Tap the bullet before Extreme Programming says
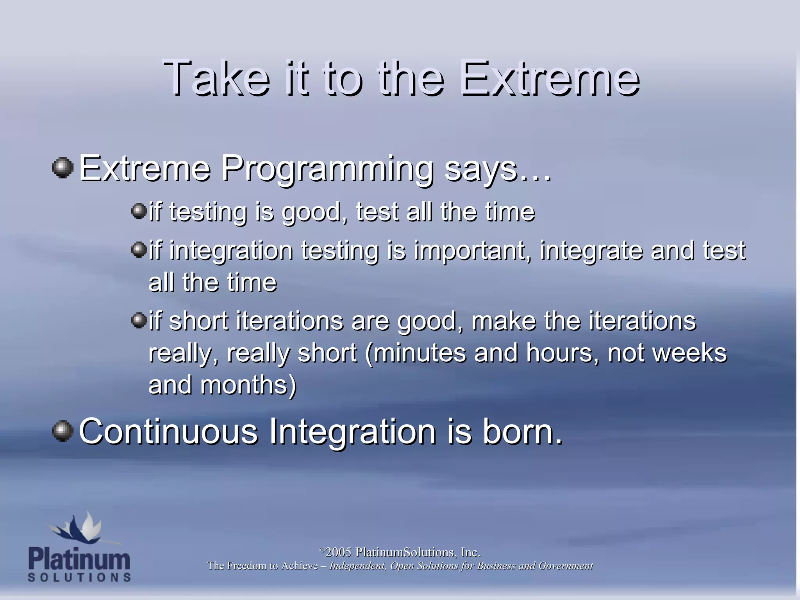pos(62,168)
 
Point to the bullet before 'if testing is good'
pos(138,211)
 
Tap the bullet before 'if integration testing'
pos(138,249)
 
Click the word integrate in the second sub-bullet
pos(591,251)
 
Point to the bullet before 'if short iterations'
pos(138,320)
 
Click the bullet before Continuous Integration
pos(62,431)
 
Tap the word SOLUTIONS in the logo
pos(79,577)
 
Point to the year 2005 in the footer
pos(338,552)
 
